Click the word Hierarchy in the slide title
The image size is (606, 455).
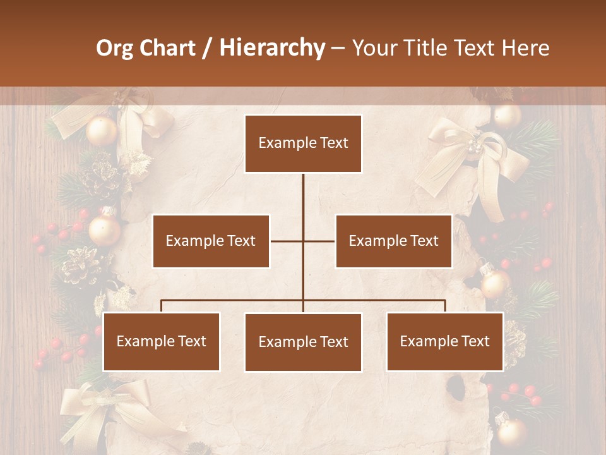(x=272, y=48)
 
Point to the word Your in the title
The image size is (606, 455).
(x=372, y=48)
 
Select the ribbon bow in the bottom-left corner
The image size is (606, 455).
(x=101, y=411)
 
